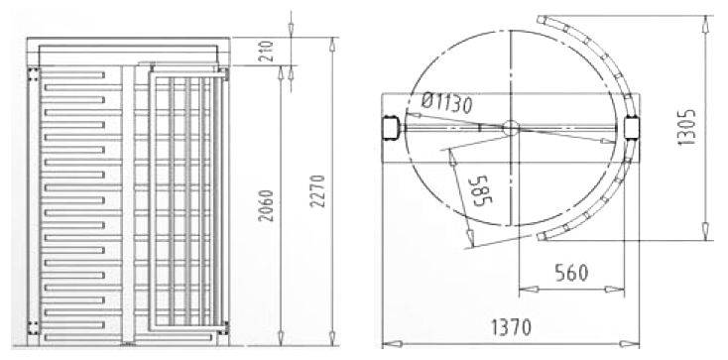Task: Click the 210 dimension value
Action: [x=270, y=52]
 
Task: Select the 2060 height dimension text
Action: [x=267, y=205]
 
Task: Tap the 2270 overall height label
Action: [x=318, y=191]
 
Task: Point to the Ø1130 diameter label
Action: [x=447, y=104]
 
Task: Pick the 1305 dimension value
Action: [x=687, y=128]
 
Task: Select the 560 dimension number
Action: [x=571, y=273]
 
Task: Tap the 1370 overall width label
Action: [x=511, y=328]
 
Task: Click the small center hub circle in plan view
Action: [x=510, y=128]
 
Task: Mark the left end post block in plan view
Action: [x=391, y=128]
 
